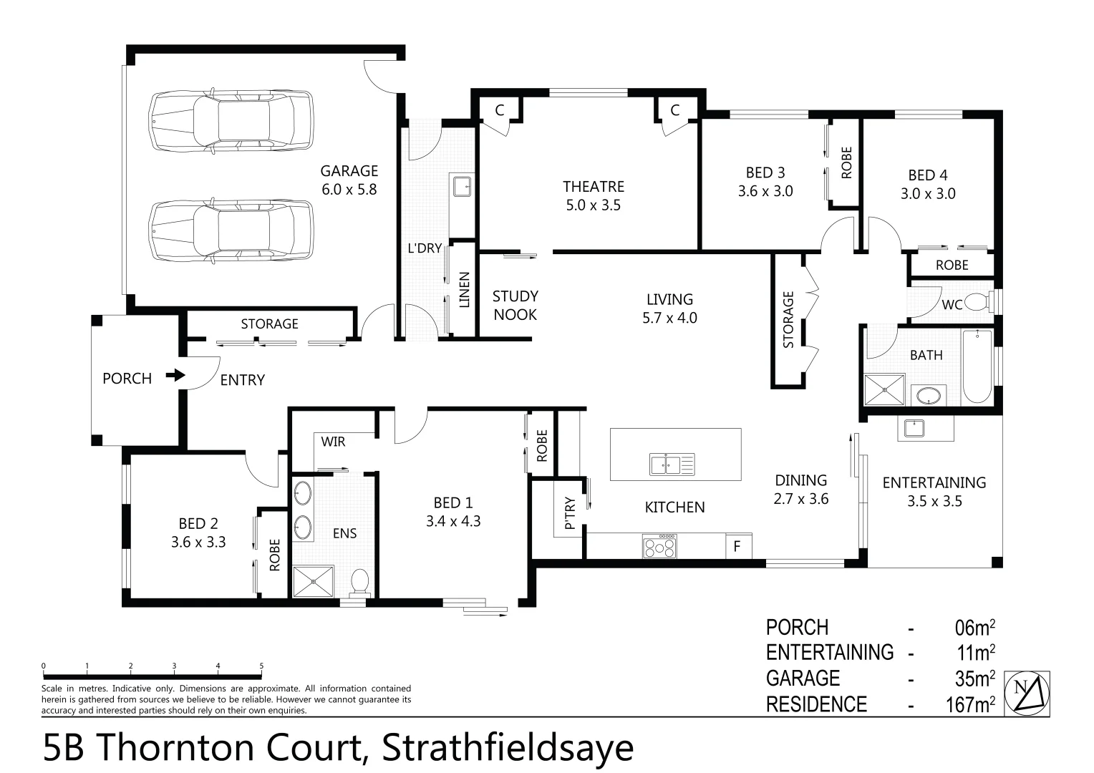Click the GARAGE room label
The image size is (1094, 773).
click(x=349, y=171)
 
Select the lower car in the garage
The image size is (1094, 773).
click(x=231, y=232)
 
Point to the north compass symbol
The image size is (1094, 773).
click(x=1027, y=693)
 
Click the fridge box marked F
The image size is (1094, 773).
click(x=738, y=548)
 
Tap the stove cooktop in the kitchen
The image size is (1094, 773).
click(x=659, y=547)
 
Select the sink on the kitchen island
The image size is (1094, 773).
click(x=667, y=464)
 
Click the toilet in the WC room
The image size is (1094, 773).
click(x=977, y=303)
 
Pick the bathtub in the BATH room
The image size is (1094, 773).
click(x=977, y=366)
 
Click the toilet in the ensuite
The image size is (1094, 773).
click(x=359, y=581)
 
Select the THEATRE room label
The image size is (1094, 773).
click(x=594, y=187)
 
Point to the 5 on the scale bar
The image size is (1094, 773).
click(x=261, y=666)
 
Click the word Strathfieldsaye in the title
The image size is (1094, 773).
click(x=508, y=748)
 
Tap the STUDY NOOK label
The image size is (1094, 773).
click(x=515, y=305)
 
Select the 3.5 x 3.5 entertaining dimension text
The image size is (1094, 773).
click(x=934, y=501)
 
